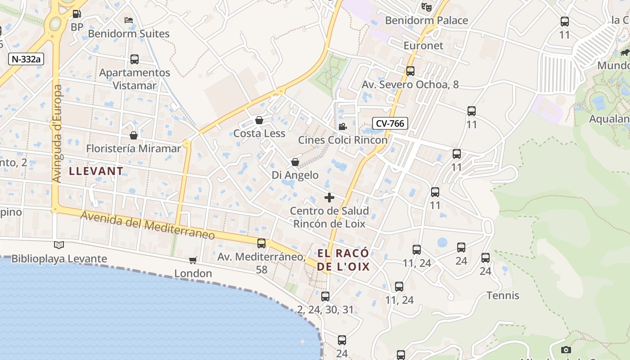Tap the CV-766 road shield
click(390, 123)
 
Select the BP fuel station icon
click(77, 14)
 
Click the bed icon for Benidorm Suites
click(129, 20)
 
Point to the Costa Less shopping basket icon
click(259, 120)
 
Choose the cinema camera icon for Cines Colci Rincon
click(342, 127)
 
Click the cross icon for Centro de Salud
click(329, 198)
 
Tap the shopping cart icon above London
click(193, 260)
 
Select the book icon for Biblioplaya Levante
click(59, 245)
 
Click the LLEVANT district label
click(96, 171)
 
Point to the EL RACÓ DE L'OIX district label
click(343, 260)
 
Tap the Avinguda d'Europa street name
click(57, 134)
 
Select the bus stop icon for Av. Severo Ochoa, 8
click(410, 71)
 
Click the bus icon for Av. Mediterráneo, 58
click(261, 243)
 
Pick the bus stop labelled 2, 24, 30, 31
click(325, 297)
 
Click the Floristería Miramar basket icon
click(134, 135)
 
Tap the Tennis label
click(503, 296)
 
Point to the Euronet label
click(423, 45)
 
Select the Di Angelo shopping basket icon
click(295, 162)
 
